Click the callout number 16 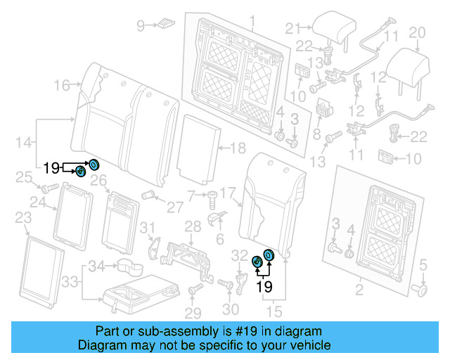[x=63, y=85]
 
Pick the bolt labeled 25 [x=48, y=188]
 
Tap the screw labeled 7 [x=211, y=197]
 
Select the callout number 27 [x=174, y=208]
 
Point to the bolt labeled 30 [x=226, y=284]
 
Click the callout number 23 [x=23, y=218]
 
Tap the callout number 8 [x=316, y=134]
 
